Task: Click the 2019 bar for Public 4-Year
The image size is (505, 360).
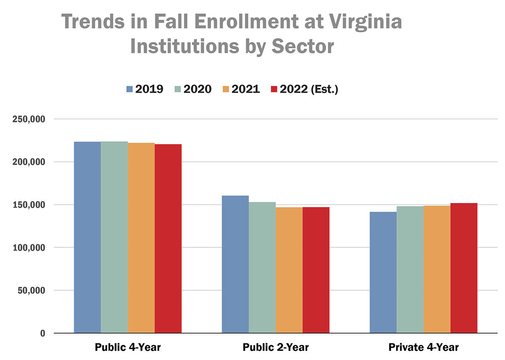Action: click(88, 238)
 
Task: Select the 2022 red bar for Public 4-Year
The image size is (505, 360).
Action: click(168, 238)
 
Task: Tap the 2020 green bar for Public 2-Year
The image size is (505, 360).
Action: click(262, 267)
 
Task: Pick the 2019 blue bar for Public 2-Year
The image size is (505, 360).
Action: click(235, 264)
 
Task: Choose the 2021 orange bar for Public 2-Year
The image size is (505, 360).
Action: click(289, 270)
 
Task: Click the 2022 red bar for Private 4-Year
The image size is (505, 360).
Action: click(464, 268)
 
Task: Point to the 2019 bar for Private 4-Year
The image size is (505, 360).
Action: click(383, 272)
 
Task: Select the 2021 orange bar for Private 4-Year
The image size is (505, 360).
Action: click(437, 269)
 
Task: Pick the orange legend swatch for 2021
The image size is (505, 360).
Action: click(226, 89)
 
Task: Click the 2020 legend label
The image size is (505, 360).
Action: click(197, 89)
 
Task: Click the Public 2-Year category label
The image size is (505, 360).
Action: click(276, 348)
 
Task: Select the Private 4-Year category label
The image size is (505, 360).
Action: click(423, 348)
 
